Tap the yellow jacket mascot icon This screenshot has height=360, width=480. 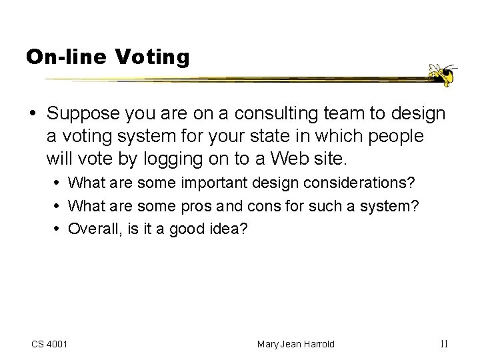coord(441,75)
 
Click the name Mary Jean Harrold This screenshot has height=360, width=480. coord(297,344)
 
